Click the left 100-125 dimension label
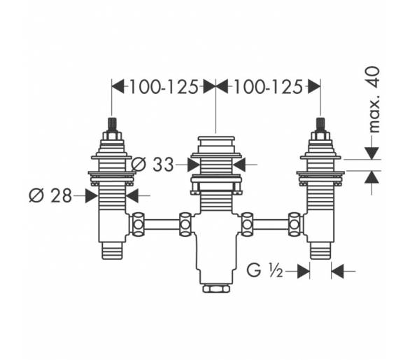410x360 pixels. (x=164, y=87)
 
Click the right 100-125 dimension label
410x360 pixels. (x=268, y=87)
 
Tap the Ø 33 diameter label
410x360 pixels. (x=153, y=165)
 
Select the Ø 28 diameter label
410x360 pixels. (x=50, y=195)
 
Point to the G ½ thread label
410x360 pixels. (x=264, y=270)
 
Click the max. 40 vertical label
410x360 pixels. (x=374, y=99)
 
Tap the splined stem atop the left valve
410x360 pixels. (x=112, y=125)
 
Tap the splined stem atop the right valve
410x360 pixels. (x=320, y=125)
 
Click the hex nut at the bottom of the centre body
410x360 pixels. (x=216, y=289)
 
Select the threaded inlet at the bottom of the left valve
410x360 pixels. (x=112, y=251)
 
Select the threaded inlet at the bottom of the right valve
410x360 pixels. (x=320, y=251)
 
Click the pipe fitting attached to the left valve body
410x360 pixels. (x=138, y=224)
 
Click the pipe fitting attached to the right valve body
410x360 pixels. (x=295, y=224)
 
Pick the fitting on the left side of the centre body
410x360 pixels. (x=185, y=224)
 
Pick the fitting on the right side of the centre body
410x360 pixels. (x=247, y=224)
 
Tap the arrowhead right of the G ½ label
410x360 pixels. (x=304, y=271)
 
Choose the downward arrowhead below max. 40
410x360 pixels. (x=372, y=153)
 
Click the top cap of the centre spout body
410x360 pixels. (x=216, y=138)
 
